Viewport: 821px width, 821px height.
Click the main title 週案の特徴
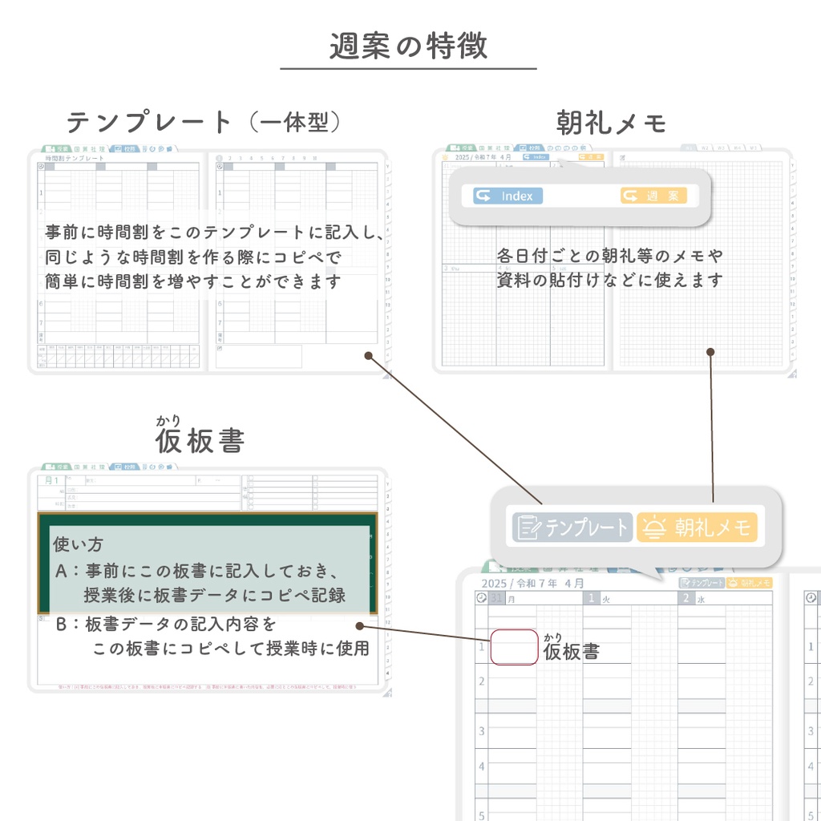408,47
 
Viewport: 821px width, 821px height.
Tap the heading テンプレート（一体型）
204,123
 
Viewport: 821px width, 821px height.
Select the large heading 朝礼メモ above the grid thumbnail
612,123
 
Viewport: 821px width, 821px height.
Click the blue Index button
508,196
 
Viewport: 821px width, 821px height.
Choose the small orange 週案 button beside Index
653,196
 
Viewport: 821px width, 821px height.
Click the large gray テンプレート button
572,527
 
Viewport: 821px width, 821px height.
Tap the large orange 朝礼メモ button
697,527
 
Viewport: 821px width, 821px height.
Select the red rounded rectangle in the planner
514,647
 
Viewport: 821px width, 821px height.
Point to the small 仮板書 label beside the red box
571,651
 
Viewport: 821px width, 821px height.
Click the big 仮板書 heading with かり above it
200,440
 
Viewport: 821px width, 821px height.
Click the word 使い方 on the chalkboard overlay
78,544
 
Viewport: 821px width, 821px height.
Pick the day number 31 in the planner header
497,598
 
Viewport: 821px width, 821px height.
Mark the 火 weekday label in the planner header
606,598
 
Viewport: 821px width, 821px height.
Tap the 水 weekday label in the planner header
700,598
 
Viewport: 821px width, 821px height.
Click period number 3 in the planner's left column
481,731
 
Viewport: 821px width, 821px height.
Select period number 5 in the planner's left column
481,815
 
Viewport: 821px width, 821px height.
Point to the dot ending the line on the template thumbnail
368,354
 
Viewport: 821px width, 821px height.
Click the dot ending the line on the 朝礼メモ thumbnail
710,351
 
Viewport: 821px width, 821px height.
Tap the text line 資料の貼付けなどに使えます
609,280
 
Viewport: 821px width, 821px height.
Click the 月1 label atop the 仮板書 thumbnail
52,480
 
